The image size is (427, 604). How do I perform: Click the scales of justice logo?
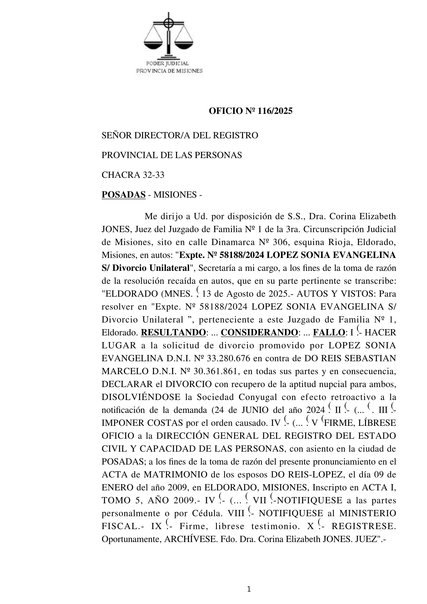coord(168,37)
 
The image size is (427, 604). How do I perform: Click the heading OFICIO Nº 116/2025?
coord(250,111)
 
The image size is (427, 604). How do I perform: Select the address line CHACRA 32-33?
coord(133,175)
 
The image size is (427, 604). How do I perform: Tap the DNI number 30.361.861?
coord(213,371)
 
